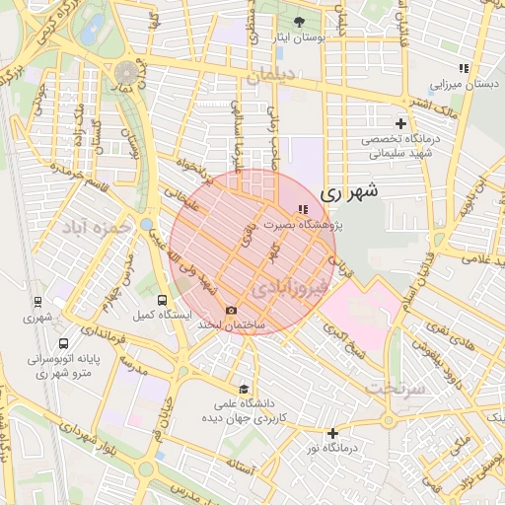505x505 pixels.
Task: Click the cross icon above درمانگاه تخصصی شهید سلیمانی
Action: coord(400,123)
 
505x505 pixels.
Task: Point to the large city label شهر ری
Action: coord(349,190)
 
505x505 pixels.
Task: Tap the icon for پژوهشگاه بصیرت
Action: coord(302,209)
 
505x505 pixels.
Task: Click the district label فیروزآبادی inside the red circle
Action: coord(285,288)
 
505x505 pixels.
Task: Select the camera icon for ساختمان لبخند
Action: coord(232,310)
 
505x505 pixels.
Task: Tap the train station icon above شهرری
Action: coord(37,302)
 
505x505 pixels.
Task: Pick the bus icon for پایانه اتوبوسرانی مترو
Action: coord(64,345)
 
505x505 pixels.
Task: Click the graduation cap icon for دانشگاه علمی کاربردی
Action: coord(244,389)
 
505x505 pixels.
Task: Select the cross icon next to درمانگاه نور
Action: coord(333,433)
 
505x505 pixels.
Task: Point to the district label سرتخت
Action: coord(397,388)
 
